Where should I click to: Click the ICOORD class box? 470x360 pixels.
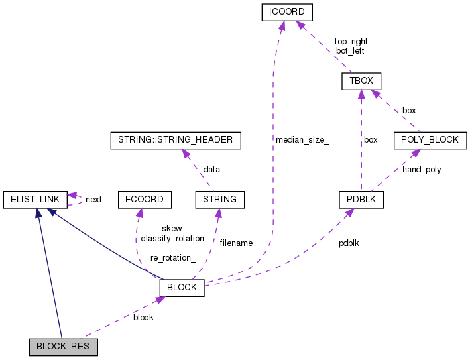pos(282,12)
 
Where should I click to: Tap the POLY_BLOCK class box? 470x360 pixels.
pos(430,140)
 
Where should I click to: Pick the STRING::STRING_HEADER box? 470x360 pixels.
pos(175,140)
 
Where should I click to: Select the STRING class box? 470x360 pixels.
pos(220,198)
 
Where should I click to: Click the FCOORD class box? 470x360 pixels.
pos(145,198)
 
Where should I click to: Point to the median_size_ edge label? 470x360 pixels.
pos(302,140)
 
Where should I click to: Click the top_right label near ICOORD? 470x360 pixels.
pos(351,41)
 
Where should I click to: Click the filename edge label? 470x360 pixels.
pos(236,243)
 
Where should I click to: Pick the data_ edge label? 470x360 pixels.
pos(213,170)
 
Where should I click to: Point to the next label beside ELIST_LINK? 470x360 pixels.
pos(93,199)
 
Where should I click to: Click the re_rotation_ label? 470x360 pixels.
pos(172,257)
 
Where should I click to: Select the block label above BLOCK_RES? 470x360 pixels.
pos(143,317)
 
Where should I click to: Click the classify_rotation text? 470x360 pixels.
pos(172,238)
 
